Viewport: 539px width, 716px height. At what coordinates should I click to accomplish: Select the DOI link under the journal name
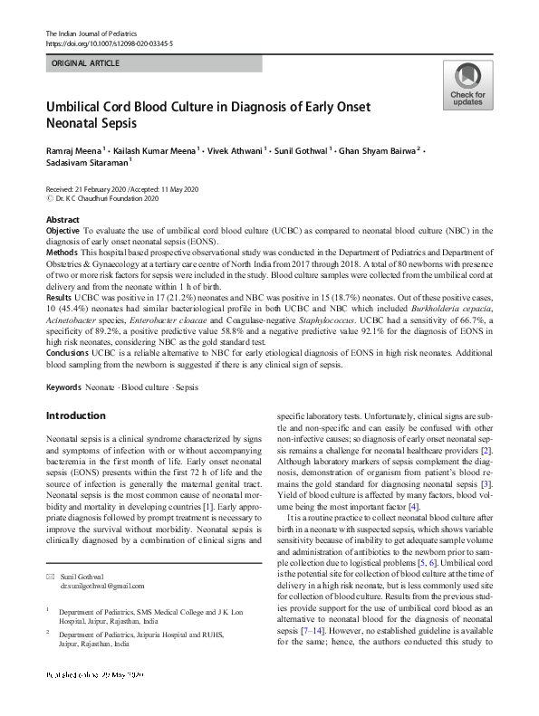pyautogui.click(x=109, y=43)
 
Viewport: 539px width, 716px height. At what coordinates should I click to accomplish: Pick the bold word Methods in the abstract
pyautogui.click(x=62, y=251)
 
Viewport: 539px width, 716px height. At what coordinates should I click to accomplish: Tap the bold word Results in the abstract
pyautogui.click(x=59, y=297)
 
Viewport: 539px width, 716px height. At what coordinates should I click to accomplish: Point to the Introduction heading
pyautogui.click(x=75, y=415)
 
